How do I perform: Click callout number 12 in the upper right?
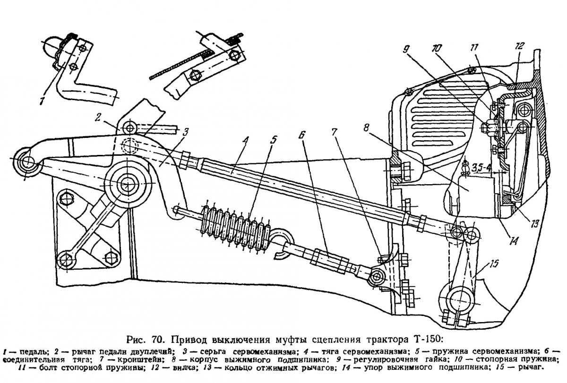coord(519,47)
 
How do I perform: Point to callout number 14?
coord(513,240)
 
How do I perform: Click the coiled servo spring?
coord(235,222)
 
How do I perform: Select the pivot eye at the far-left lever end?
coord(25,162)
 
